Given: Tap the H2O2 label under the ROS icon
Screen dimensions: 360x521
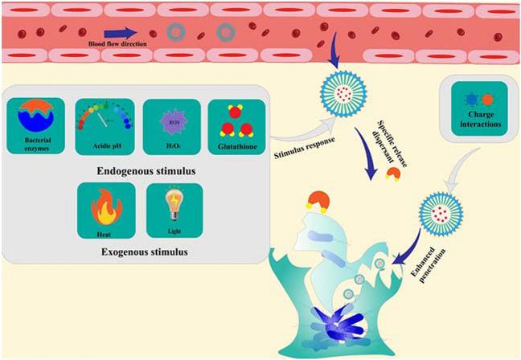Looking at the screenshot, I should pyautogui.click(x=170, y=144).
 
